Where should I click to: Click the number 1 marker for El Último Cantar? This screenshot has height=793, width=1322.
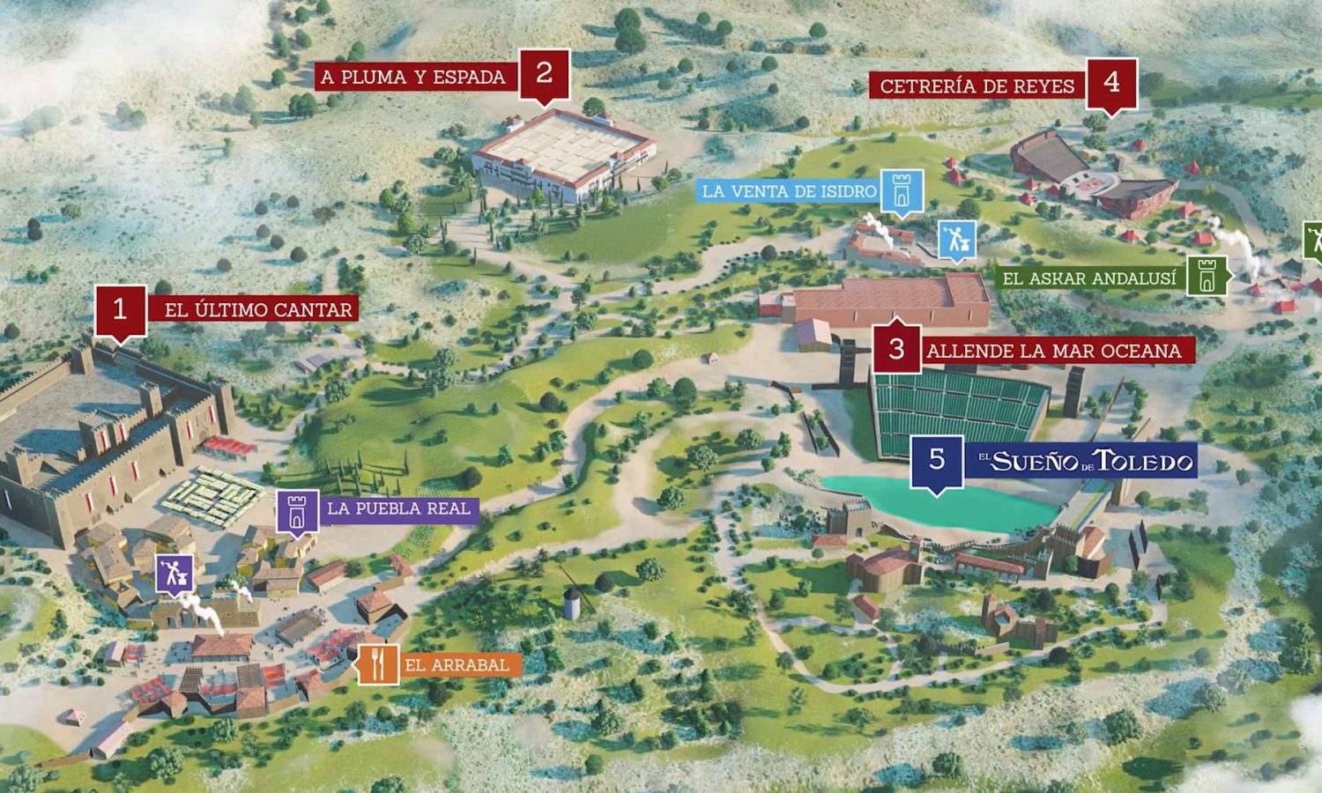(120, 310)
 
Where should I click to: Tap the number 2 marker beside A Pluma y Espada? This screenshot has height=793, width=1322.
(544, 74)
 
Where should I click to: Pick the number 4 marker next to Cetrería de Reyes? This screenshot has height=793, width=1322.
(1111, 83)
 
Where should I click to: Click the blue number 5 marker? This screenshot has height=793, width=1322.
(937, 459)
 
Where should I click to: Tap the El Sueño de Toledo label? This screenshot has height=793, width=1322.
(1083, 460)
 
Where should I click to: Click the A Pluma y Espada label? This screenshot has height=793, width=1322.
(412, 77)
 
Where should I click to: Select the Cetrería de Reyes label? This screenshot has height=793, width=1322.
(977, 85)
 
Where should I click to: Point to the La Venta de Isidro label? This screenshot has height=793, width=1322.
(789, 191)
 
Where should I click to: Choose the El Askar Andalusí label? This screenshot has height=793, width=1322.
(1088, 278)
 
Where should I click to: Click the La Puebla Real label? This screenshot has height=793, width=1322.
(398, 508)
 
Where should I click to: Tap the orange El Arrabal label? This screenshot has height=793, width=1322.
(457, 665)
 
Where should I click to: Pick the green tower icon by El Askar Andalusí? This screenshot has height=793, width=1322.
(1207, 277)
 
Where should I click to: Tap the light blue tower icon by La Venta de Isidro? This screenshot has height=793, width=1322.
(901, 191)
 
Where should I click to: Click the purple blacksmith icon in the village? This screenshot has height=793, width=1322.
(174, 574)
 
